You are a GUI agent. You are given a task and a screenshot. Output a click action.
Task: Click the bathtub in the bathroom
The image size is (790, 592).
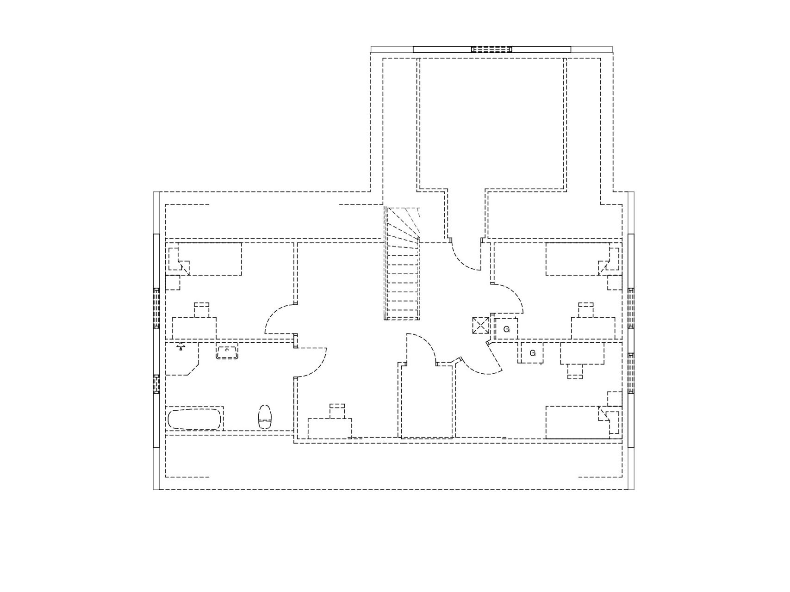click(194, 419)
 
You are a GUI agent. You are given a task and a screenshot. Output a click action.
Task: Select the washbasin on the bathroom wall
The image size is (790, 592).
click(227, 353)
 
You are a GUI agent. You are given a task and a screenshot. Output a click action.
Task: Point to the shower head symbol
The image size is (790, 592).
click(180, 346)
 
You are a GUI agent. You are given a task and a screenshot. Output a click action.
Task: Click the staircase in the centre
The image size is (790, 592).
click(402, 264)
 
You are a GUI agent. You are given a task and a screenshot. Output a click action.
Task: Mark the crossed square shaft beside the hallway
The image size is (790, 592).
click(480, 325)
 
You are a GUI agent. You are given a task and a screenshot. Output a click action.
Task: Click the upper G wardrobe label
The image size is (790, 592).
click(506, 329)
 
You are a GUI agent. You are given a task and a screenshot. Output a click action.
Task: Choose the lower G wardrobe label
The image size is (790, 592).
click(533, 353)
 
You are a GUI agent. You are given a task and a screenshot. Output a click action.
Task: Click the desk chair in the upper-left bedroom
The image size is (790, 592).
click(201, 310)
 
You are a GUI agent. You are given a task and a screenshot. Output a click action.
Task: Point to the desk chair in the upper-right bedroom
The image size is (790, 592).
click(586, 310)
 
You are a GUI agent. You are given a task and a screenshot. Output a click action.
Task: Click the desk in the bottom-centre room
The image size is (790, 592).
click(330, 428)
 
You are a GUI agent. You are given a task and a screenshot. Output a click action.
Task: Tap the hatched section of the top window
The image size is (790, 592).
click(492, 49)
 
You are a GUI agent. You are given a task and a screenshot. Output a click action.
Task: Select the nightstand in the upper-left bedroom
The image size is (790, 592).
click(173, 283)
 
